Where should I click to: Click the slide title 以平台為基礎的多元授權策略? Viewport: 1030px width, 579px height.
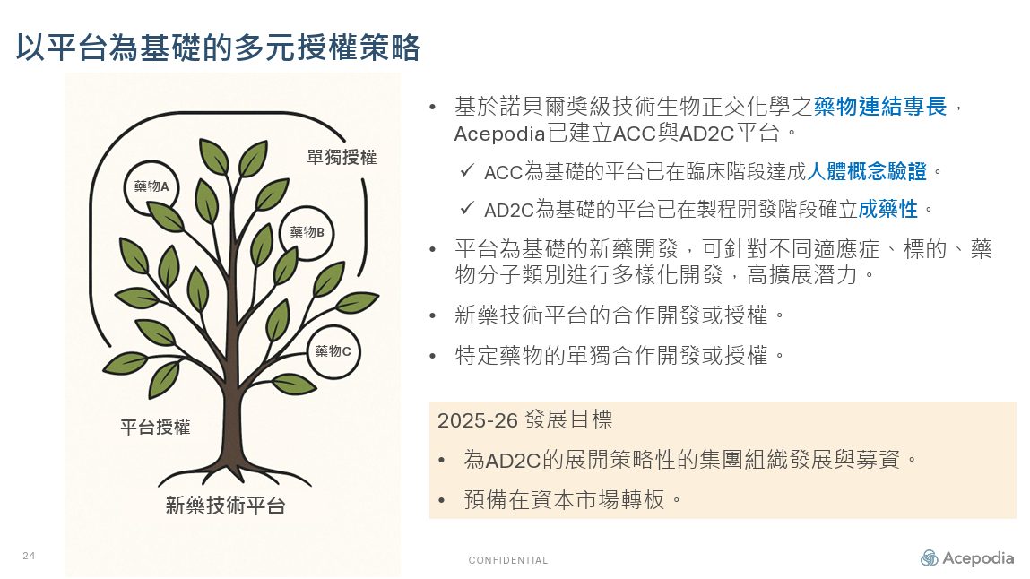218,48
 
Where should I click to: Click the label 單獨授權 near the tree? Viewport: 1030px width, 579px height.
342,158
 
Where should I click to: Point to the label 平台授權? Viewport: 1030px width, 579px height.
155,428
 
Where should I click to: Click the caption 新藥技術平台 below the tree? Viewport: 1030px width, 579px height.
225,506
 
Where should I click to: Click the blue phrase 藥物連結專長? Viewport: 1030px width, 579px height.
880,106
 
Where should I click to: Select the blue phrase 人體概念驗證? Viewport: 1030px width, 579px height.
867,171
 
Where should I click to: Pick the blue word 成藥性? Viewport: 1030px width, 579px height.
887,209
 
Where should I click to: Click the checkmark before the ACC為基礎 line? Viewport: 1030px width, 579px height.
467,170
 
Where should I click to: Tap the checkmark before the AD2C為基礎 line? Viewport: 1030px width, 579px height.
467,208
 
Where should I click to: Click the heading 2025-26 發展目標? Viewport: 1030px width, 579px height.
524,419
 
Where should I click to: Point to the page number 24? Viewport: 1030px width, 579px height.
29,556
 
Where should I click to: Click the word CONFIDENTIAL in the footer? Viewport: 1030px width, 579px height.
507,560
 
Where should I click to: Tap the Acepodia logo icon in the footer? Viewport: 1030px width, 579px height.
929,558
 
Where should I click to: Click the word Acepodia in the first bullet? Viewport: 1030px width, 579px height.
500,134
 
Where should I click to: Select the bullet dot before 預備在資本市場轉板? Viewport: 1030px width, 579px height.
441,501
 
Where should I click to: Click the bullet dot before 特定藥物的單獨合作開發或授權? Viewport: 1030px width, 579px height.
432,357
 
